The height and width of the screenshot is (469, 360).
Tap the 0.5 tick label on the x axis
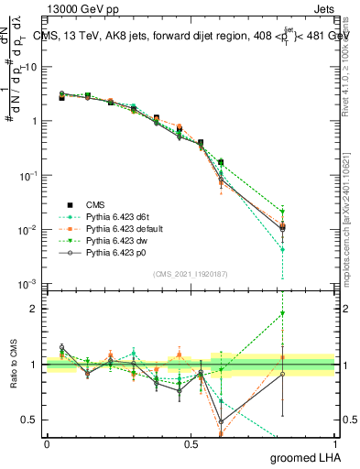(191, 443)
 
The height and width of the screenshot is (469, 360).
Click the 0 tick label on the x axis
(47, 443)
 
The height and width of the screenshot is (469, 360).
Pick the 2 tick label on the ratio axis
(35, 309)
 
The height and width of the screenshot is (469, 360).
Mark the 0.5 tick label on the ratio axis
(30, 420)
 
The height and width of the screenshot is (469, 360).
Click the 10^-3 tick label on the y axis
(28, 283)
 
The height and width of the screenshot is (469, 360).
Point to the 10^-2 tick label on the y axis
(28, 229)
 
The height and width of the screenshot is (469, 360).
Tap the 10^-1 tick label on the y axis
(28, 175)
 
